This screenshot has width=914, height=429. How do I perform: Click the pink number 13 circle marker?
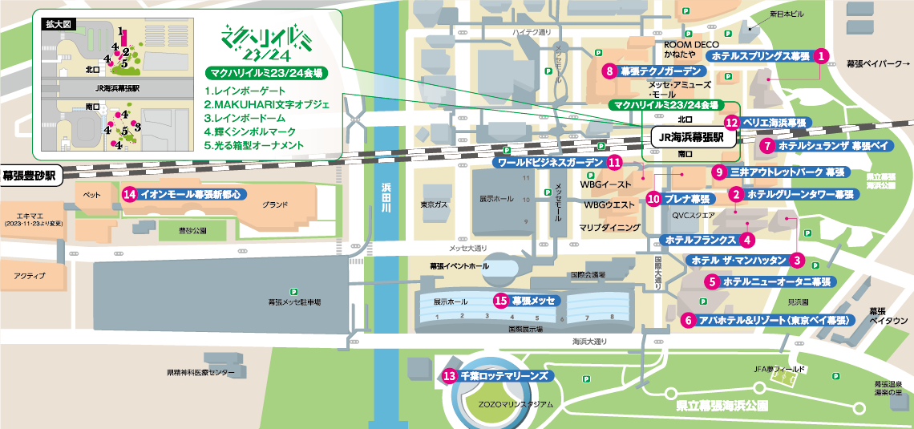449,374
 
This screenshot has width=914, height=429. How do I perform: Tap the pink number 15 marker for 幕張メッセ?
501,301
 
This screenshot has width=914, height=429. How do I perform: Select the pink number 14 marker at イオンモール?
129,194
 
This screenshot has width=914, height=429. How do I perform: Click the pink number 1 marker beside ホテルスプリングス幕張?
821,56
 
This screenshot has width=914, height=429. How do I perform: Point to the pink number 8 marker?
610,71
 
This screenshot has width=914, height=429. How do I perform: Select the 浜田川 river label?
386,197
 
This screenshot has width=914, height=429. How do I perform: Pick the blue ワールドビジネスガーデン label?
549,162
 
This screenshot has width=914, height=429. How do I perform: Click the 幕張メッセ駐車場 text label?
294,302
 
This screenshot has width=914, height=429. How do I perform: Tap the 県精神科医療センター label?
200,373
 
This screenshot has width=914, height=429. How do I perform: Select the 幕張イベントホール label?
459,265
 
